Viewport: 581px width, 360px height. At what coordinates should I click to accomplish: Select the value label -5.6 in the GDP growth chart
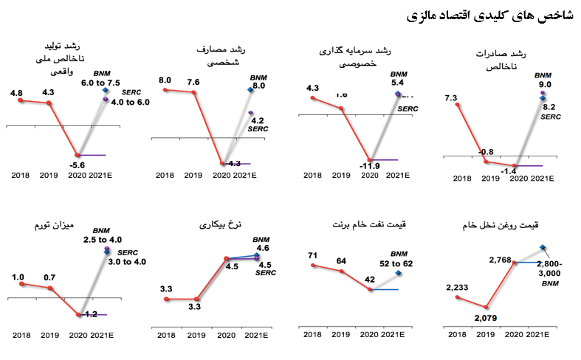click(x=78, y=165)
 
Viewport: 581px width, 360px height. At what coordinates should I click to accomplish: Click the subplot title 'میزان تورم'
click(x=51, y=224)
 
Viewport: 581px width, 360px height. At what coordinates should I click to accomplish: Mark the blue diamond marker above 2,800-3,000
click(x=543, y=247)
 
